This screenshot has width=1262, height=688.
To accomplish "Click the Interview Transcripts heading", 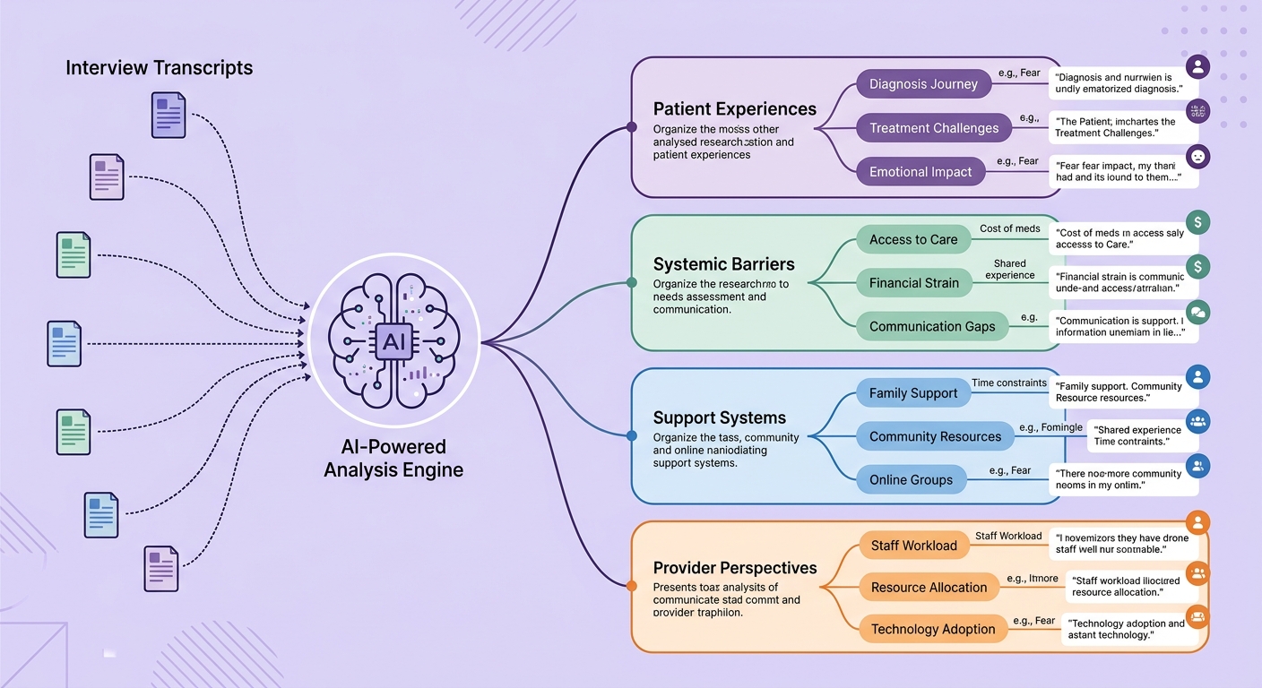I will click(x=159, y=68).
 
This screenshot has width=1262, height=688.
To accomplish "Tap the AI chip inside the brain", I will click(x=393, y=341).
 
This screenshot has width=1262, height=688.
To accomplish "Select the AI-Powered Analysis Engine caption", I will click(x=393, y=458).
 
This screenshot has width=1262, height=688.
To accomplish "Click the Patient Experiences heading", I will click(x=734, y=109).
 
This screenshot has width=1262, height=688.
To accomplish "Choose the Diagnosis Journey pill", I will click(x=923, y=84).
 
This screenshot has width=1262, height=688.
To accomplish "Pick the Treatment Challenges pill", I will click(x=934, y=128).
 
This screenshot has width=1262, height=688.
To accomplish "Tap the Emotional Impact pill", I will click(x=921, y=172).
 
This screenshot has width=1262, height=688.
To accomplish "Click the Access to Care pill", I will click(x=913, y=239).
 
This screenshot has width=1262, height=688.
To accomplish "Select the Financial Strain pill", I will click(x=913, y=283).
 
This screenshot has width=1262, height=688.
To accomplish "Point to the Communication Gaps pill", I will click(x=932, y=326).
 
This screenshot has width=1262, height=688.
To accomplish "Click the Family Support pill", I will click(x=913, y=393).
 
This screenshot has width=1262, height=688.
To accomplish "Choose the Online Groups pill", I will click(x=911, y=480).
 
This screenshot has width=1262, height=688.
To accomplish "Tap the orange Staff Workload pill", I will click(x=913, y=546).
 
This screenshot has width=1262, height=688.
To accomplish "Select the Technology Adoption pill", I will click(x=933, y=629).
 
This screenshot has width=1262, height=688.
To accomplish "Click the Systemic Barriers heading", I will click(x=723, y=264).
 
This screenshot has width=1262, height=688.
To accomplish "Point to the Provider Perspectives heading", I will click(x=734, y=568).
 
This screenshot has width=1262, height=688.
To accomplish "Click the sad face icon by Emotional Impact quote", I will click(x=1197, y=157).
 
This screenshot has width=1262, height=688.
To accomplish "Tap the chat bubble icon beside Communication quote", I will click(x=1197, y=311).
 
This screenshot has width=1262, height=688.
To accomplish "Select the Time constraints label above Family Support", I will click(x=1008, y=383).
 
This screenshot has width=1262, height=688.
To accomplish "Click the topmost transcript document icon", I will click(x=169, y=116).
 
